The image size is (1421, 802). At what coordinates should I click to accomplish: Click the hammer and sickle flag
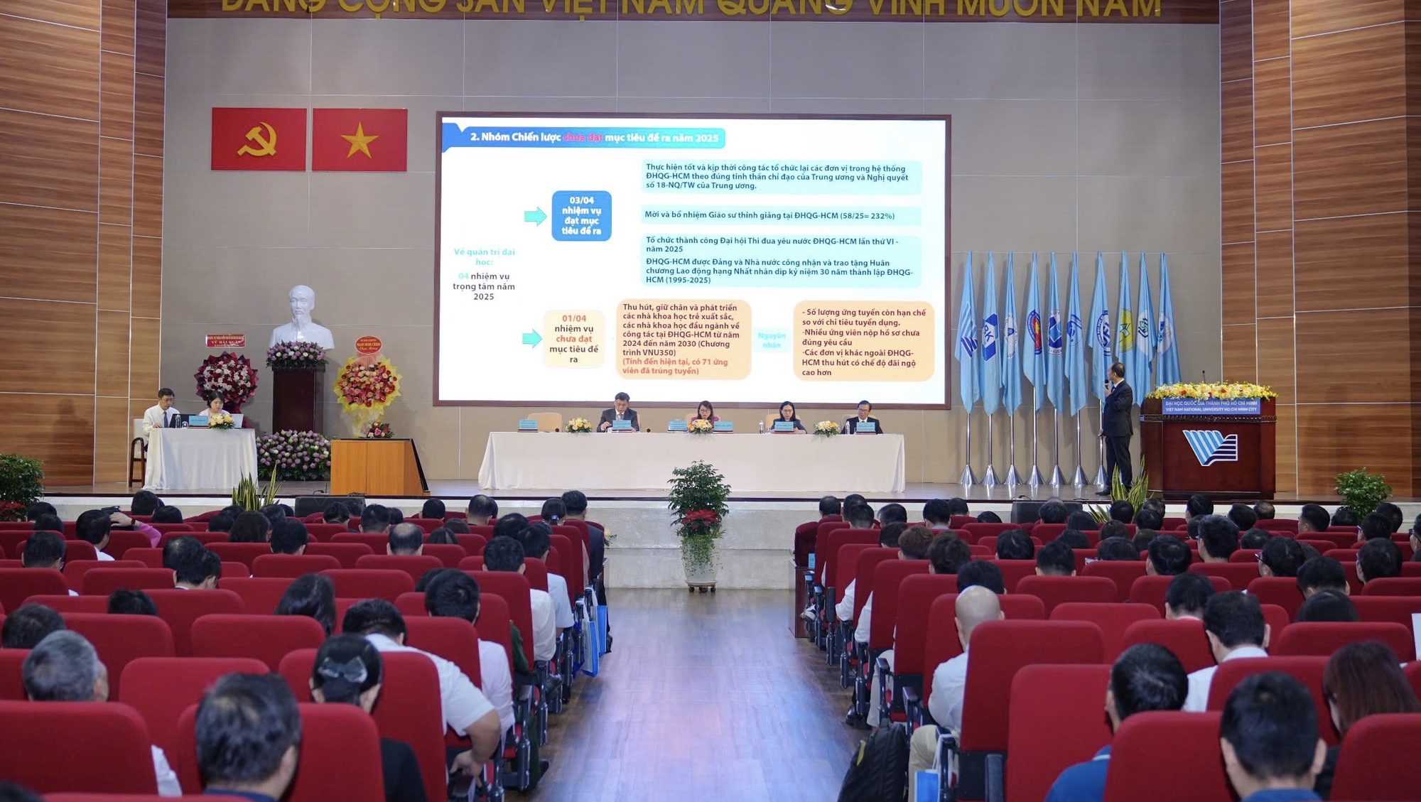259,139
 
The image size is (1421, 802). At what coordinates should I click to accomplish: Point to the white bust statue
302,317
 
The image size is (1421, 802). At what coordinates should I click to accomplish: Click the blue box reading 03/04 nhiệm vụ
581,216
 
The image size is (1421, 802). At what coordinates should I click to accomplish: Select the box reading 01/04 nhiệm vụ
573,339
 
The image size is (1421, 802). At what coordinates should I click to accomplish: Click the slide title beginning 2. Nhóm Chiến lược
593,137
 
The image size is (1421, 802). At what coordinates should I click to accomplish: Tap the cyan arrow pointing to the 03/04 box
535,216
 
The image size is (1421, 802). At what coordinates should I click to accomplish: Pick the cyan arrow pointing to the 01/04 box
531,339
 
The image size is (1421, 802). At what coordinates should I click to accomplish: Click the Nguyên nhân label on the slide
772,340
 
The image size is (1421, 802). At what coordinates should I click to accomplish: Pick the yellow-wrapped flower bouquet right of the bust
367,387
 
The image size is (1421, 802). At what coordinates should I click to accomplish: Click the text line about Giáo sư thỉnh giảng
769,215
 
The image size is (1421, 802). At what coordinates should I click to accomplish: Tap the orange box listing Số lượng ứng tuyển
863,342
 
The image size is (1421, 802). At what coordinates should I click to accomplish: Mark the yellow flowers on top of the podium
1211,391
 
